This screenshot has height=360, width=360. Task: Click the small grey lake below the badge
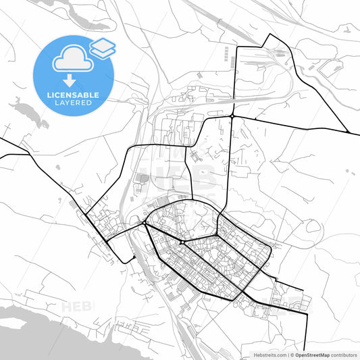[x=27, y=111]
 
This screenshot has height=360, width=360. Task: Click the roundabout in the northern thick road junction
[x=232, y=116]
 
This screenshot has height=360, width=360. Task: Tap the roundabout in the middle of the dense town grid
[x=182, y=241]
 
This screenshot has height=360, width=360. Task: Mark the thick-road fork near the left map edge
[x=30, y=154]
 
